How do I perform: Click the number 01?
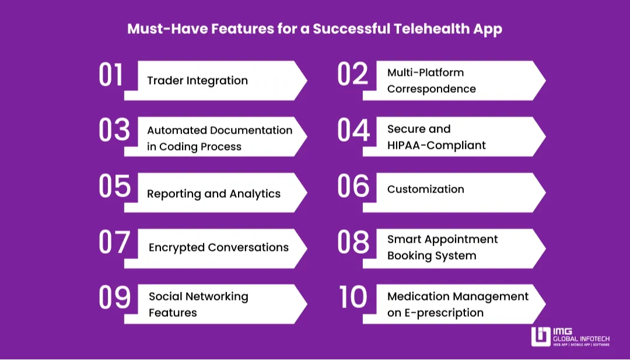point(111,75)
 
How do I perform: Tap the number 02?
point(353,75)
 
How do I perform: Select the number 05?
point(114,187)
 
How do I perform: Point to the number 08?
point(353,242)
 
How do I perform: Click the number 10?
point(353,298)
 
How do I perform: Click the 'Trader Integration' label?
point(197,81)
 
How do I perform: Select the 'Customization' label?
point(426,189)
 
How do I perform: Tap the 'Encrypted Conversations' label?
point(219,247)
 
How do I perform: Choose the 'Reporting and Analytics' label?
point(213,194)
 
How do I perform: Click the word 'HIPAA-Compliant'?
point(436,145)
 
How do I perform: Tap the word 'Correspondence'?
point(432,89)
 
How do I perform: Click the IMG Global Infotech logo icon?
point(540,336)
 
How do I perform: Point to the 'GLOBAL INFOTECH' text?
point(582,338)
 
